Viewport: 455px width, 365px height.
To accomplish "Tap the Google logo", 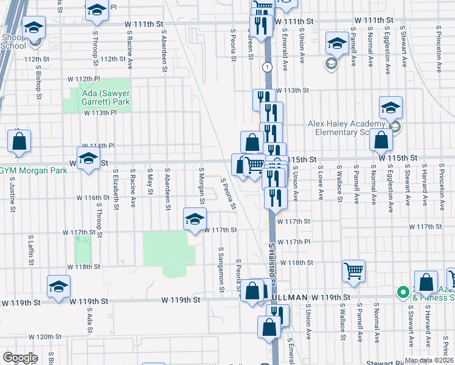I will point(21,358).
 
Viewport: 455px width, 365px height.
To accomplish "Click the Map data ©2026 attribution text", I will point(429,360).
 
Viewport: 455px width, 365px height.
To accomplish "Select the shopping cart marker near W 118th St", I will point(353,270).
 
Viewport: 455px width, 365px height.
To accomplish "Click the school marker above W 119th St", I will point(59,286).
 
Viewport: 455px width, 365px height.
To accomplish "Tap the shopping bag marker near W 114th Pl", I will point(19,141).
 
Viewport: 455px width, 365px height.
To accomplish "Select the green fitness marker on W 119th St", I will point(402,293).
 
